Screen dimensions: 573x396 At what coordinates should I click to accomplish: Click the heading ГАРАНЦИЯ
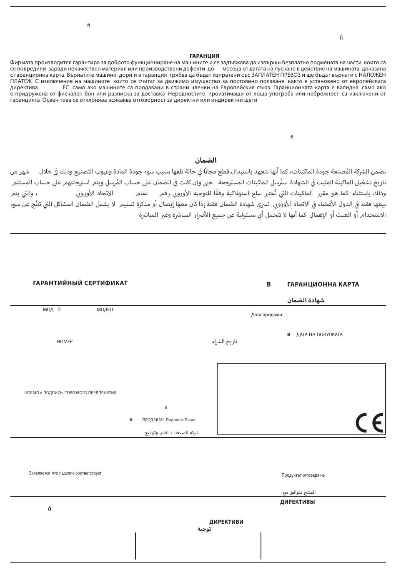(x=204, y=56)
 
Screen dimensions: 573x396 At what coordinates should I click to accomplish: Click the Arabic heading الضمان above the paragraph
(x=206, y=161)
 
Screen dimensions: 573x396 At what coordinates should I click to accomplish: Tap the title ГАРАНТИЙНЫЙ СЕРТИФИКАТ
(x=80, y=283)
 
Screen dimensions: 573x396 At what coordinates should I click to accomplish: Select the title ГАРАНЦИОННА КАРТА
(x=323, y=284)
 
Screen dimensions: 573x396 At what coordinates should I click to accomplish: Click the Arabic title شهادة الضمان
(x=306, y=300)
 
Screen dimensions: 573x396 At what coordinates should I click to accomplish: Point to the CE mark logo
(x=369, y=423)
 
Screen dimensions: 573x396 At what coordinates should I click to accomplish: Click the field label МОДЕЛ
(x=105, y=309)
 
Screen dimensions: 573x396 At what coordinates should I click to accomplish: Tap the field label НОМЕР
(x=65, y=342)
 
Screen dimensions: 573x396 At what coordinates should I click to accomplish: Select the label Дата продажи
(x=266, y=315)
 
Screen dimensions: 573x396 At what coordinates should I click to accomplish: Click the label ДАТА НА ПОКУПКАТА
(x=319, y=334)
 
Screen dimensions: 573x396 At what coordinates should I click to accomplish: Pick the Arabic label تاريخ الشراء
(x=224, y=342)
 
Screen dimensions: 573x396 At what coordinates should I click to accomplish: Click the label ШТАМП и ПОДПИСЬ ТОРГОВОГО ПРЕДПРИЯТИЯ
(x=70, y=393)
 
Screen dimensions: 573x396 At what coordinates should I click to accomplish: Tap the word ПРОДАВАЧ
(x=153, y=420)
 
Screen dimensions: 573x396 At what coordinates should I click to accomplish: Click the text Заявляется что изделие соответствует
(x=65, y=473)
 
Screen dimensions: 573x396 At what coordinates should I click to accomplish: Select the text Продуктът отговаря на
(x=303, y=475)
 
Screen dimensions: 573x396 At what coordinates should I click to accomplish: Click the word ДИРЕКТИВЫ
(x=297, y=502)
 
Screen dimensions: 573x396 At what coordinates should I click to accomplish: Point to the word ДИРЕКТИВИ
(x=226, y=522)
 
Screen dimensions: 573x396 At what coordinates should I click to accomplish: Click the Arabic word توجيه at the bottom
(x=204, y=529)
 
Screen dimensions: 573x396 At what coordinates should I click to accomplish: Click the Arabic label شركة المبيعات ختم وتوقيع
(x=171, y=433)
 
